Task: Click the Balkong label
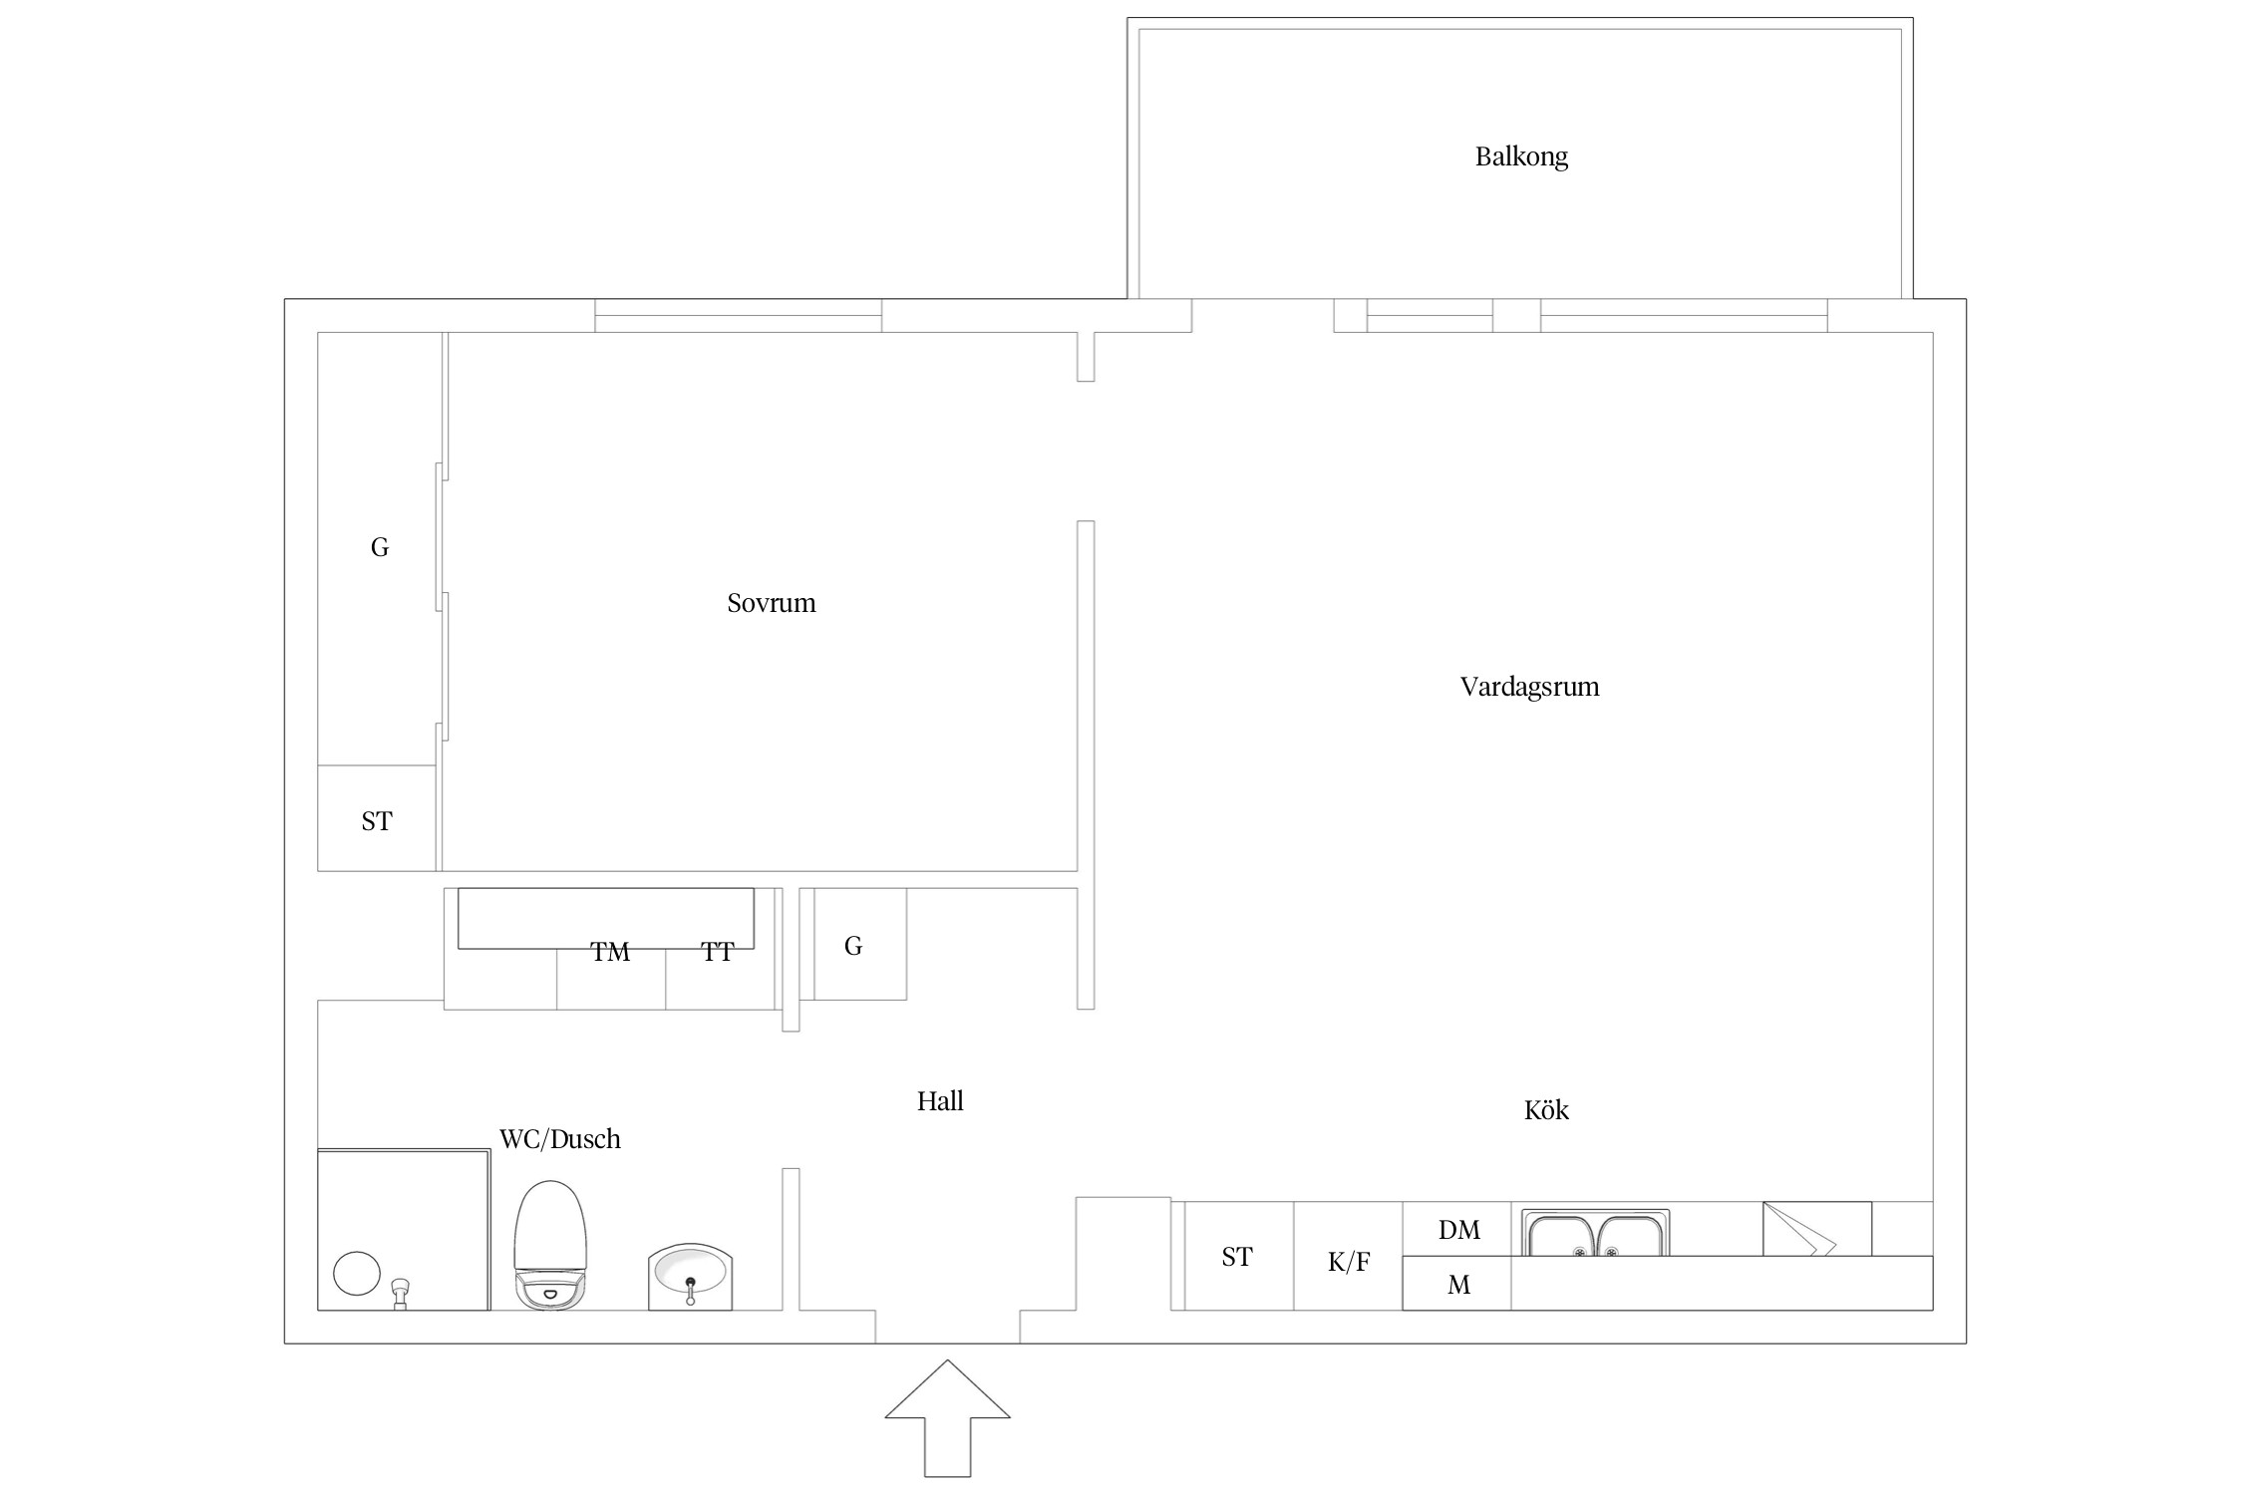click(1521, 156)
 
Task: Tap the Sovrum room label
click(772, 603)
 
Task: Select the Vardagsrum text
click(1529, 687)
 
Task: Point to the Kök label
click(1546, 1109)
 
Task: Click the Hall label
click(940, 1100)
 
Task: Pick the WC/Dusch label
click(560, 1138)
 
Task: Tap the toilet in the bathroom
click(550, 1245)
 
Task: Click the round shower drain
click(356, 1274)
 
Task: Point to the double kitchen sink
click(1595, 1233)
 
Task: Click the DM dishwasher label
click(1458, 1230)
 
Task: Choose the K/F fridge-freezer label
click(1349, 1262)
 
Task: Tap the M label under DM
click(1458, 1285)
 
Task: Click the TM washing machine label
click(610, 952)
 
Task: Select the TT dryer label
click(717, 952)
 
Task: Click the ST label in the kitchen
click(1237, 1257)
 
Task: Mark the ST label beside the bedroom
click(377, 821)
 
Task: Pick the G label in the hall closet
click(853, 946)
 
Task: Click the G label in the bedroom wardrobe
click(380, 547)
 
